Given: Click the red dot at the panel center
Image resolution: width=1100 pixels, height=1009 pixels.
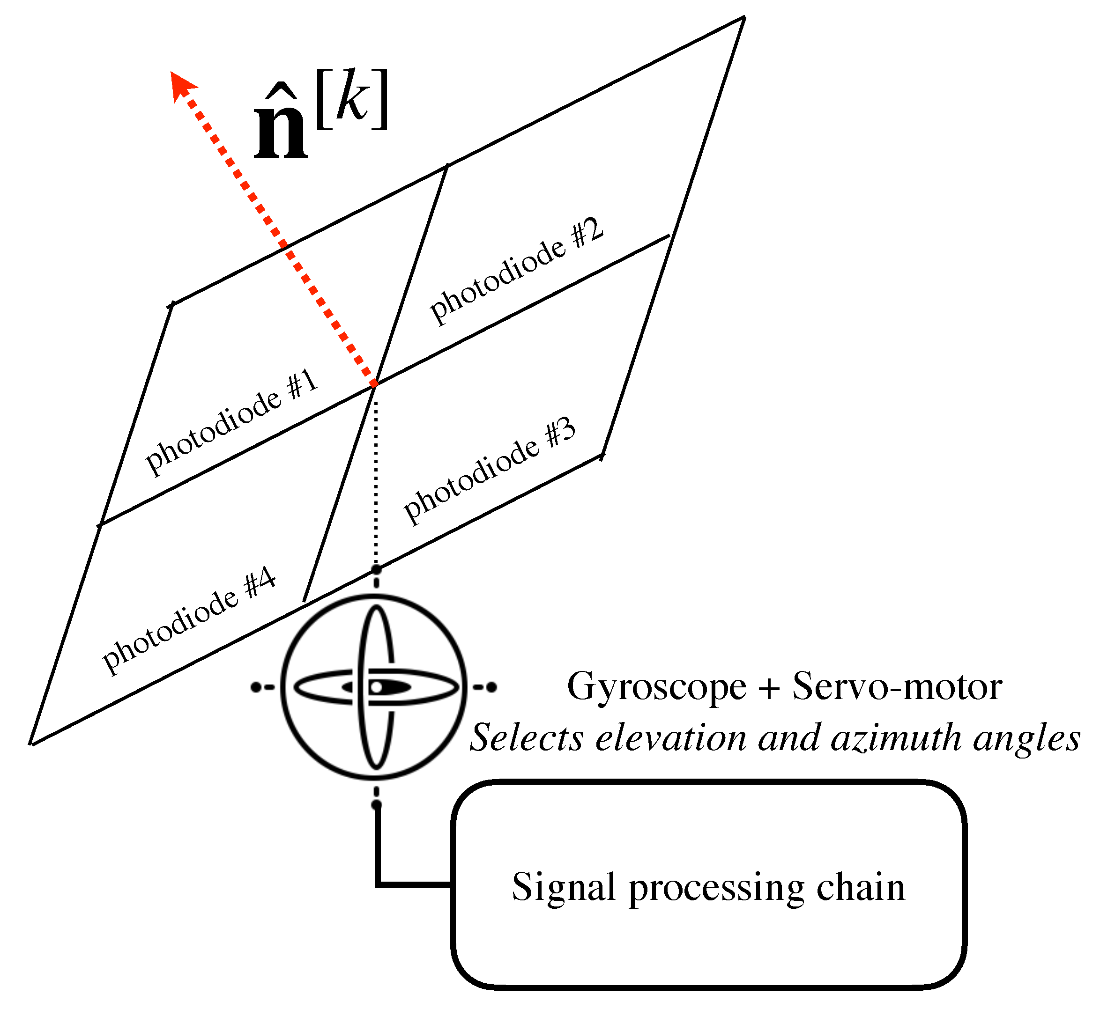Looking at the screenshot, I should [x=374, y=384].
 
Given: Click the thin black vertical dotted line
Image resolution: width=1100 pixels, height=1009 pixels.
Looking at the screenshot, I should [x=376, y=480].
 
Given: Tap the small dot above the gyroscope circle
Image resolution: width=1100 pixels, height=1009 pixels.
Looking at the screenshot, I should [x=376, y=570].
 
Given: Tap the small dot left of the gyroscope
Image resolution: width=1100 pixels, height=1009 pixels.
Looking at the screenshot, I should [x=256, y=687].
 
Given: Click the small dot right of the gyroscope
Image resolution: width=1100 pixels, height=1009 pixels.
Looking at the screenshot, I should [x=491, y=687].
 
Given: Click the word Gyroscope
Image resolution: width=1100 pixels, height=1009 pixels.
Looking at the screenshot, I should [x=656, y=687].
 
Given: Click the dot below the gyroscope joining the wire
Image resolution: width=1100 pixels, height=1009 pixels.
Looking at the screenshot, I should [x=376, y=805].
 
